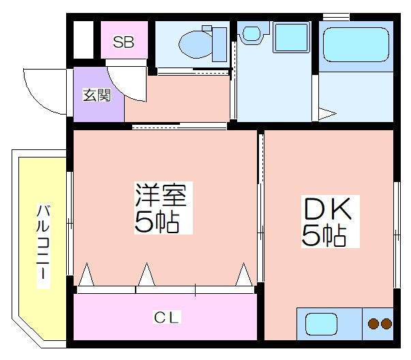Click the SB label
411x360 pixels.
(123, 42)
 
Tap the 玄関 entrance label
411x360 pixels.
(97, 95)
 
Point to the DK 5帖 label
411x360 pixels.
(330, 222)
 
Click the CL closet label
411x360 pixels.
(167, 318)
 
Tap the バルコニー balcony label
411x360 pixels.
(43, 246)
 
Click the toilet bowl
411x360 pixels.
(196, 44)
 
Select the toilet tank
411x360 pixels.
(219, 44)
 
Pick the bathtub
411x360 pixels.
(356, 44)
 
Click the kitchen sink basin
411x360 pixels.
(321, 324)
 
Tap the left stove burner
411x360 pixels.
(373, 324)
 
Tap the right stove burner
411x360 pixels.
(386, 324)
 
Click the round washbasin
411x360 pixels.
(252, 33)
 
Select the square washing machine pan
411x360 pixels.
(291, 37)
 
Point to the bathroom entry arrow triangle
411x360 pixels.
(327, 114)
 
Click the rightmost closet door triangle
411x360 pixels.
(244, 275)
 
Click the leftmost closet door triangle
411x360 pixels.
(87, 275)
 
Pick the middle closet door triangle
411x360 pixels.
(147, 275)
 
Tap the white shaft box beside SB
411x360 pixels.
(83, 40)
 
